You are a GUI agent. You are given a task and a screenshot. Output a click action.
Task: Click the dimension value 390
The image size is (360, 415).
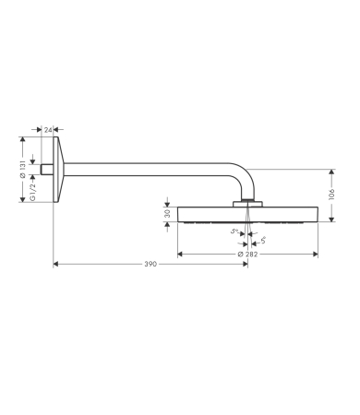[x=150, y=264]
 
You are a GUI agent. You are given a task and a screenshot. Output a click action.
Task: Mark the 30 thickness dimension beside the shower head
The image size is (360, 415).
[x=167, y=213]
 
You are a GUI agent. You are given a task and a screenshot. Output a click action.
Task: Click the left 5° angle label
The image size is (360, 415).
[x=234, y=232]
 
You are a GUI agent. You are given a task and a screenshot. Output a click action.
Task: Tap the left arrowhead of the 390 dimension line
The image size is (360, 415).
[x=55, y=264]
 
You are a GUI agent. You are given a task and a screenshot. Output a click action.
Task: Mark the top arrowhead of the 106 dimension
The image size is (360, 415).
[x=331, y=172]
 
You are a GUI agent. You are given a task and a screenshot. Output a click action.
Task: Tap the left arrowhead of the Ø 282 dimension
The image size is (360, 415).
[x=180, y=252]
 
